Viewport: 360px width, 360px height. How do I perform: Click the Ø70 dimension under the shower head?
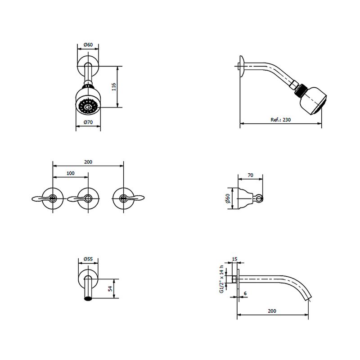(x=88, y=122)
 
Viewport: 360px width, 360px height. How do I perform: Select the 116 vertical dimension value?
(x=114, y=87)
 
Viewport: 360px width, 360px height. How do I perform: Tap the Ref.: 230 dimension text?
(x=280, y=120)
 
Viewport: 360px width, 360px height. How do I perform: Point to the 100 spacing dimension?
(x=71, y=173)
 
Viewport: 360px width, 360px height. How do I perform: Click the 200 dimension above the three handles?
(x=88, y=162)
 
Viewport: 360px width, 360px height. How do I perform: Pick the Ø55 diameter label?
(x=88, y=259)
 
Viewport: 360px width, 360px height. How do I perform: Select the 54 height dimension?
(x=110, y=288)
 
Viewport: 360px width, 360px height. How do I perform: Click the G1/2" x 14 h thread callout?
(x=221, y=279)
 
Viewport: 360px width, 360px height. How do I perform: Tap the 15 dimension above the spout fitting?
(x=234, y=259)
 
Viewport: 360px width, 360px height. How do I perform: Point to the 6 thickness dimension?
(x=245, y=293)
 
